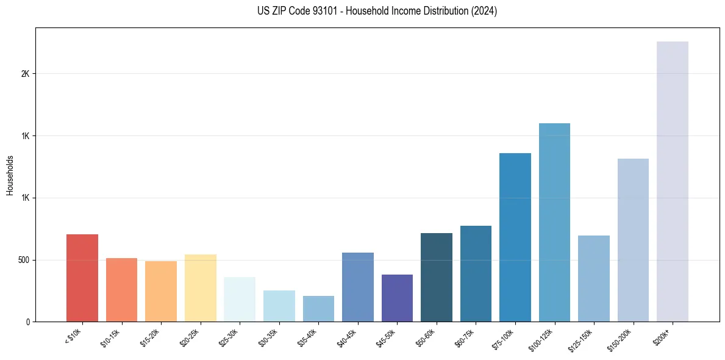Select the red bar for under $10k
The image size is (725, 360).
tap(82, 278)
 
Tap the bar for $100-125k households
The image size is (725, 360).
tap(554, 222)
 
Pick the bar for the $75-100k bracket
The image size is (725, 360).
tap(515, 237)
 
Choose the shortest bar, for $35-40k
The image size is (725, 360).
tap(318, 309)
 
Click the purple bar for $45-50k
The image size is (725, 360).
tap(397, 298)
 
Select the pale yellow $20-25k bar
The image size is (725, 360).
tap(201, 288)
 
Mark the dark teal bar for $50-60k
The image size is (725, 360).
tap(437, 277)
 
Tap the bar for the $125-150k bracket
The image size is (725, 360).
tap(594, 278)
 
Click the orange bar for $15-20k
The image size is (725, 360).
tap(161, 291)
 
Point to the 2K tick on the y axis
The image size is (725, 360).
tap(25, 74)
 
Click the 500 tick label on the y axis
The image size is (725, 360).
tap(23, 260)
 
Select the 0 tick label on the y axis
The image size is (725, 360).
tap(27, 322)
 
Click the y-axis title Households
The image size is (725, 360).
tap(10, 175)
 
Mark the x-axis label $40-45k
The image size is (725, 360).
tap(347, 337)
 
